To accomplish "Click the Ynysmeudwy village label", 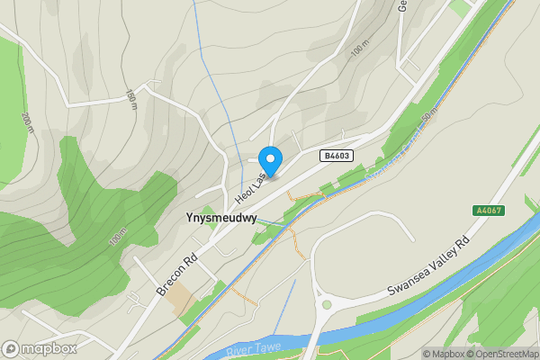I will [220, 218].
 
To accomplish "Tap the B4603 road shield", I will [336, 156].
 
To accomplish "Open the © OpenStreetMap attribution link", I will [501, 353].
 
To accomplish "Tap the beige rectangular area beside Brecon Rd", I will [183, 298].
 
